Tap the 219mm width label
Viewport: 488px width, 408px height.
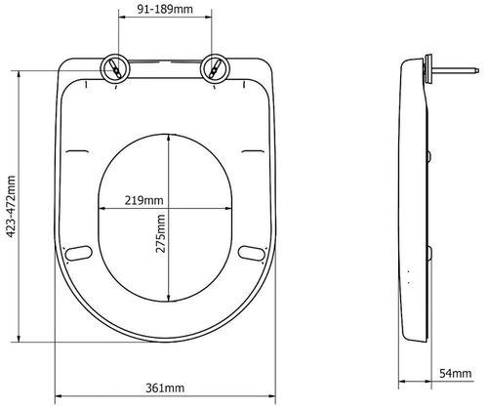(x=143, y=200)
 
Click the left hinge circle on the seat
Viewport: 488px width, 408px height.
(x=116, y=70)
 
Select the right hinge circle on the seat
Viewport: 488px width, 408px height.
(x=213, y=70)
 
